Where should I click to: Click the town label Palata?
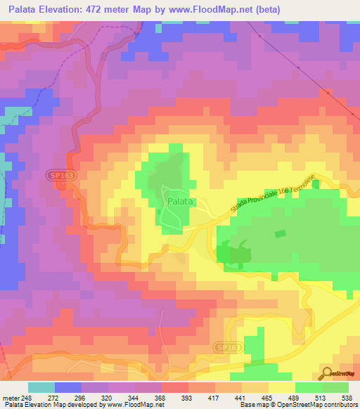176,202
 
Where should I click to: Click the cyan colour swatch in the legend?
41,387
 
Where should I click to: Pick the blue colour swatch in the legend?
67,387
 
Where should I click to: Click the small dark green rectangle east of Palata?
281,234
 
